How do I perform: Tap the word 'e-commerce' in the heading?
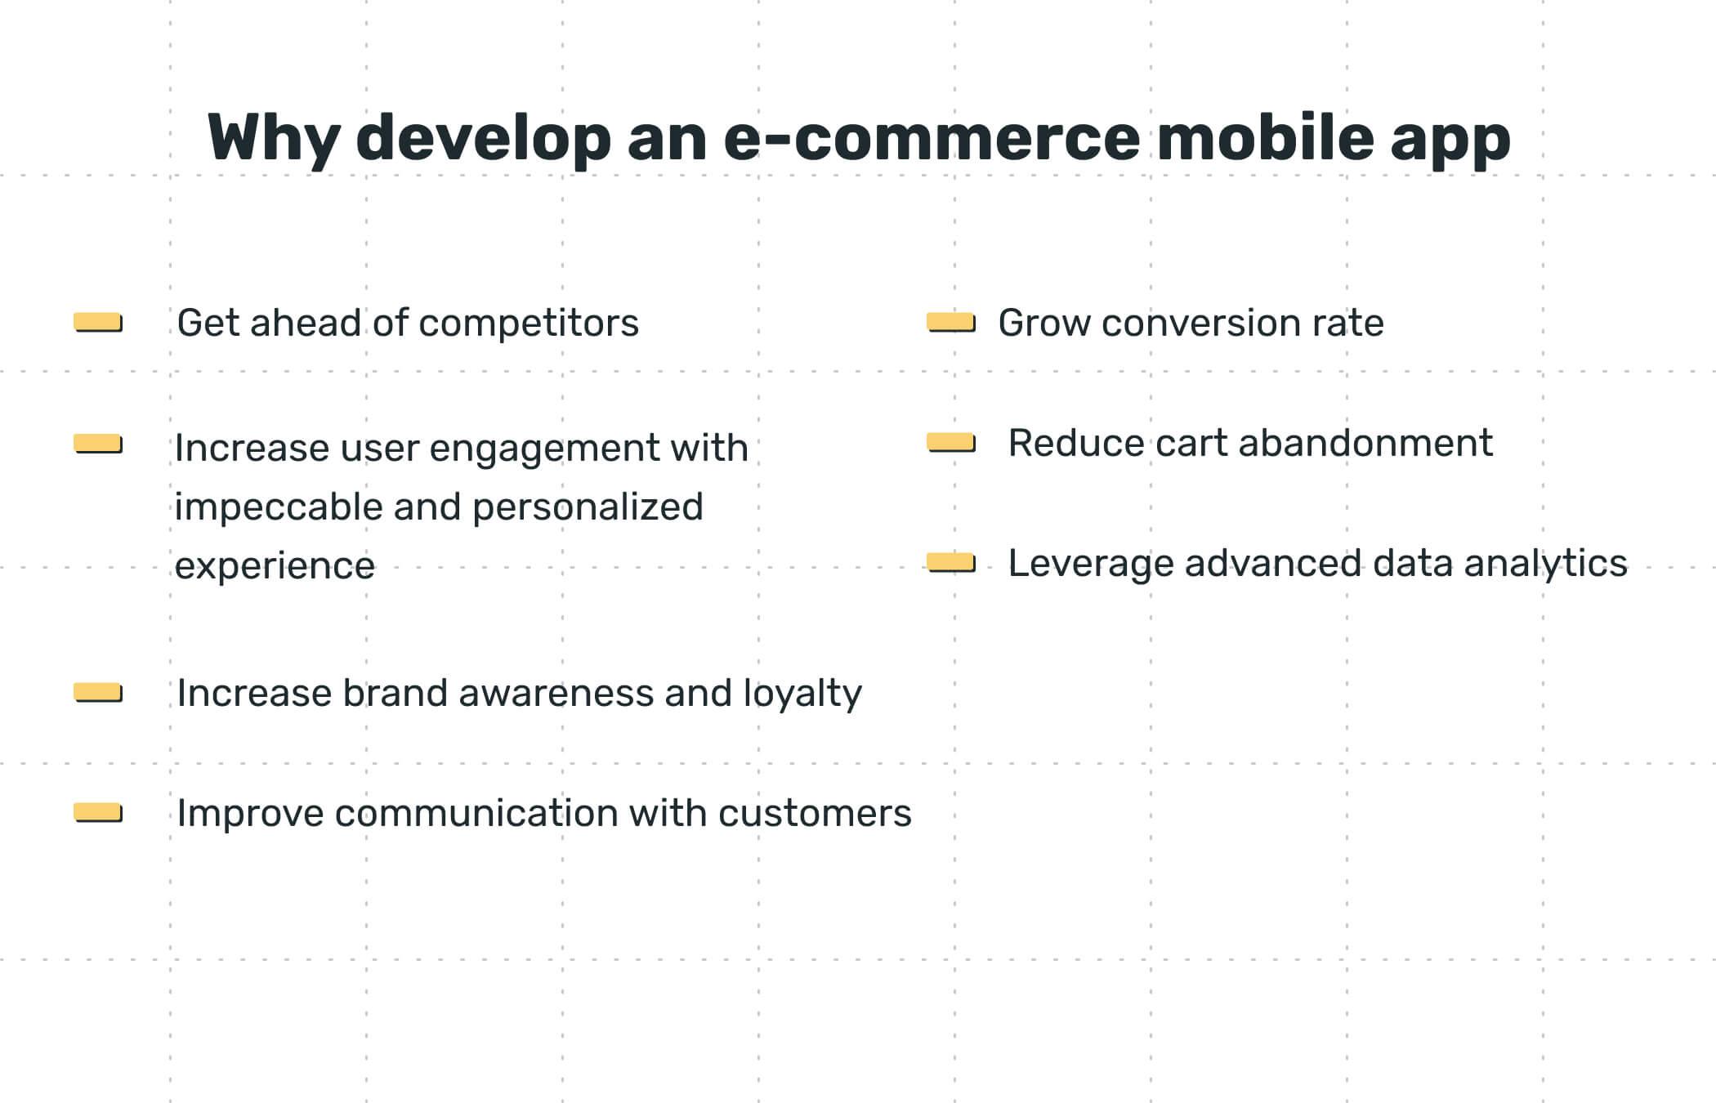[932, 137]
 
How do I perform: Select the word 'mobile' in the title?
[1266, 137]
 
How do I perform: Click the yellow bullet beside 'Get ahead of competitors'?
[98, 323]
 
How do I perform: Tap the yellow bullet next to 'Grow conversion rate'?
[951, 323]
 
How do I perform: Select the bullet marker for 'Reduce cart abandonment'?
[951, 443]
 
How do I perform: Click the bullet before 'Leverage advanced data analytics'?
[951, 563]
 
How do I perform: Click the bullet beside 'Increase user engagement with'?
[98, 444]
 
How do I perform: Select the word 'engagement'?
[544, 448]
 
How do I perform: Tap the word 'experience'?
[275, 565]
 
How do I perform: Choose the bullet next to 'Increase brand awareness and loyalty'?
[98, 693]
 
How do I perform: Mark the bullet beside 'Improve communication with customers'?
[98, 813]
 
